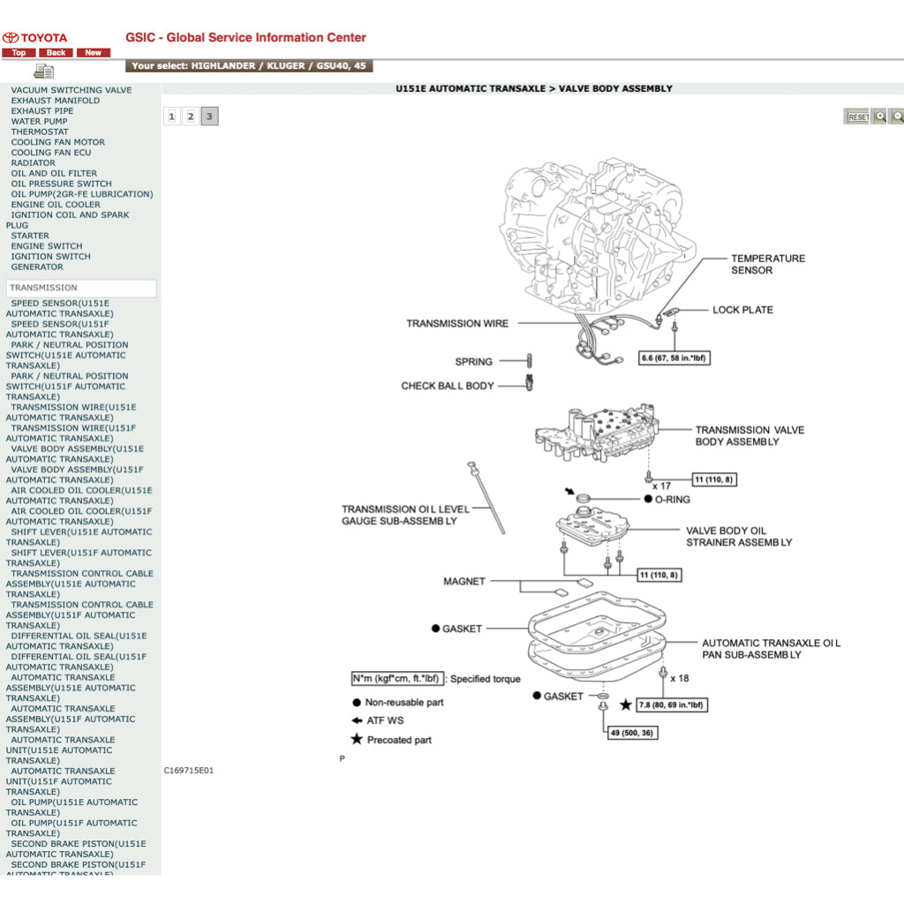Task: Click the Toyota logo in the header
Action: point(11,38)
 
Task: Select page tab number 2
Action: point(191,117)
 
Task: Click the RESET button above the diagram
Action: point(857,117)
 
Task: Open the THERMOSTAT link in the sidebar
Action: point(40,132)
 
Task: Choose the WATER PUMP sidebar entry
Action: point(39,122)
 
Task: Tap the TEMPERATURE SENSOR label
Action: point(768,264)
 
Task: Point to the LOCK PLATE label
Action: point(742,310)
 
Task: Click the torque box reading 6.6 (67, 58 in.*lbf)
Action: point(674,358)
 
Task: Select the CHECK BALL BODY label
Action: point(448,386)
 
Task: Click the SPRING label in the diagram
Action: point(474,362)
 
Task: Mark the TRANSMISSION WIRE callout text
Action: point(457,323)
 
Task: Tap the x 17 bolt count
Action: point(661,486)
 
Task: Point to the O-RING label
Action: point(672,500)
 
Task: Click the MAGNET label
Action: point(464,582)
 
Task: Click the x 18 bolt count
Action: point(679,678)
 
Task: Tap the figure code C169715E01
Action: point(189,771)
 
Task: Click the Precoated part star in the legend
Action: point(357,739)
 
